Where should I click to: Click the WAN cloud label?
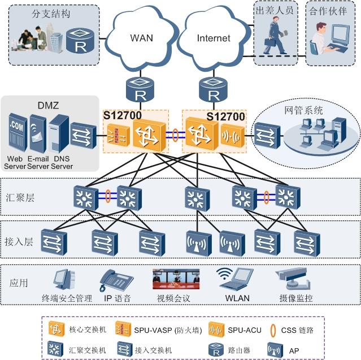pos(142,38)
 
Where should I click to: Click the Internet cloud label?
pos(214,38)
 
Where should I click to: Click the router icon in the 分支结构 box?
pos(77,39)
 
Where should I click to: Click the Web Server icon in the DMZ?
pos(16,132)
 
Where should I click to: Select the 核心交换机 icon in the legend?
pos(55,329)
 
